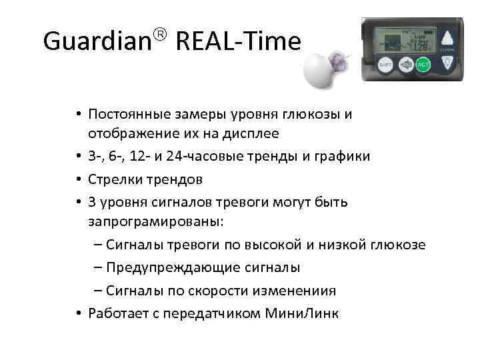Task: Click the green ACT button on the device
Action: (422, 65)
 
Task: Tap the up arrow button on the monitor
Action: (450, 37)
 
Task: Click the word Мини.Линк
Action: (301, 313)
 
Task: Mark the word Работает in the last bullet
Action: (113, 313)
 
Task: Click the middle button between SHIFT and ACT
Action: (403, 65)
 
